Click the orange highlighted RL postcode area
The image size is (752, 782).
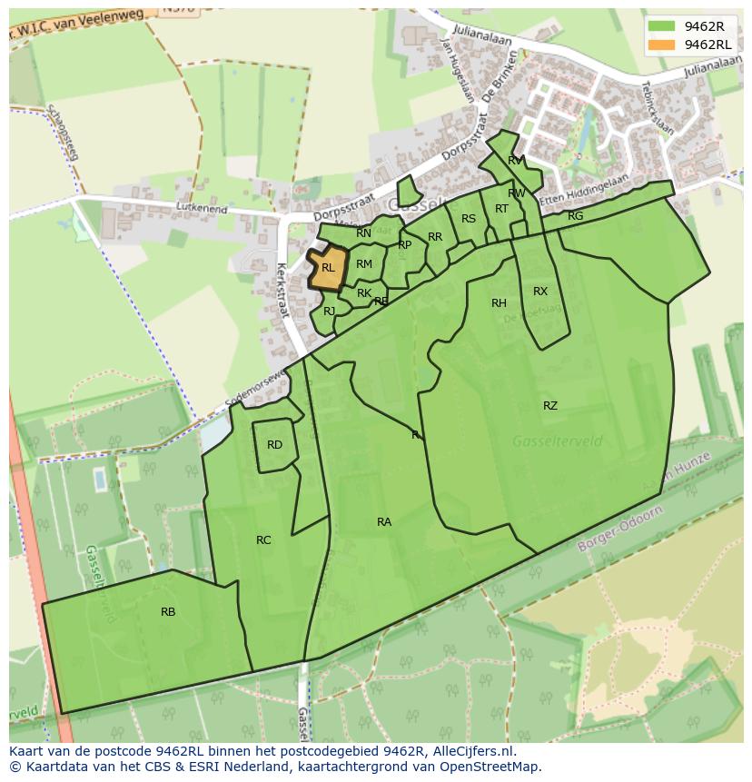(328, 268)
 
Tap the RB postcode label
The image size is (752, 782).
(168, 612)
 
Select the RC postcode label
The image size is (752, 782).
(263, 540)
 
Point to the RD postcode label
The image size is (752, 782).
(274, 445)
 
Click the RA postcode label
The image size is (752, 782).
(384, 522)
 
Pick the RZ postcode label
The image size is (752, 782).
(550, 406)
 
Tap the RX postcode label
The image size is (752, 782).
(540, 292)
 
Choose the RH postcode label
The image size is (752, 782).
(499, 303)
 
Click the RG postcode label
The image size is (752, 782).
(575, 216)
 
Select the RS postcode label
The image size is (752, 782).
(468, 219)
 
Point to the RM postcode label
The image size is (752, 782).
(364, 264)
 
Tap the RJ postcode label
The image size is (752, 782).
(329, 311)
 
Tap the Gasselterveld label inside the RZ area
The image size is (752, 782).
(558, 441)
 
